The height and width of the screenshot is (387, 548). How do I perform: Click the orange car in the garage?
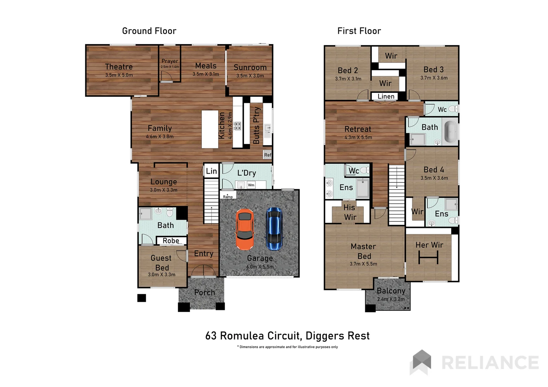(244, 229)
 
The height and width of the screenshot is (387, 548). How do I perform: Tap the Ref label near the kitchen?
(267, 155)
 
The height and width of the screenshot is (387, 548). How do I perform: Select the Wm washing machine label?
(251, 185)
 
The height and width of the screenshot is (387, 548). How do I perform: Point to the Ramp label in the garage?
(228, 197)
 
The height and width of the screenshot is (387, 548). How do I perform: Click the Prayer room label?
(170, 61)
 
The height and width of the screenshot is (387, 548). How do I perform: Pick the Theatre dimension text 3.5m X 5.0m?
(119, 75)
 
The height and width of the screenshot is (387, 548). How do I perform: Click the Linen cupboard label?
(386, 96)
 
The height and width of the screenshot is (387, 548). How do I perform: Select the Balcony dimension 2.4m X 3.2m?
(391, 299)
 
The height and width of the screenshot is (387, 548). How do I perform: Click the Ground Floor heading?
(149, 31)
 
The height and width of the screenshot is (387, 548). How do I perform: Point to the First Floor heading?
(359, 31)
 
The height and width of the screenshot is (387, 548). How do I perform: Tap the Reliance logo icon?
(422, 361)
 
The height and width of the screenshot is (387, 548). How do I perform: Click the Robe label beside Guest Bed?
(171, 241)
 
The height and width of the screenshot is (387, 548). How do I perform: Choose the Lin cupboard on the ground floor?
(211, 171)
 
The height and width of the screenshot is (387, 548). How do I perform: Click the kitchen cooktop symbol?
(237, 126)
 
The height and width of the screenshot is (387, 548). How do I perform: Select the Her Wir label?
(429, 245)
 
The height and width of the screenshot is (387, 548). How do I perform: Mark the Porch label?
(205, 292)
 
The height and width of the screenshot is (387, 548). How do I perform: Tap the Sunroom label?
(250, 67)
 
